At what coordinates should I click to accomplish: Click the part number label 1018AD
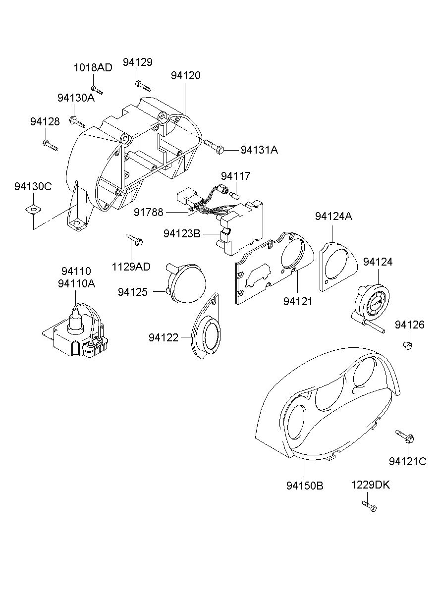click(93, 67)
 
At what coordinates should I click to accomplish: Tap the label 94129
click(138, 62)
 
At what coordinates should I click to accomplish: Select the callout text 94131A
click(259, 150)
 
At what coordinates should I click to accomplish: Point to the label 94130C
click(33, 186)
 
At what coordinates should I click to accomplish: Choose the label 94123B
click(182, 233)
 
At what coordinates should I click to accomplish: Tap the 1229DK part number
click(371, 485)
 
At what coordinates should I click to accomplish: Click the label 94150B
click(305, 486)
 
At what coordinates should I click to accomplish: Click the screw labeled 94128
click(50, 145)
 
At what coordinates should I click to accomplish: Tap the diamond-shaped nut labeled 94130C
click(32, 210)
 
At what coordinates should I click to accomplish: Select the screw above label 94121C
click(405, 436)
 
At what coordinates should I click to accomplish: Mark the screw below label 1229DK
click(369, 506)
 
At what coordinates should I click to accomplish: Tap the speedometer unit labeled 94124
click(373, 303)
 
